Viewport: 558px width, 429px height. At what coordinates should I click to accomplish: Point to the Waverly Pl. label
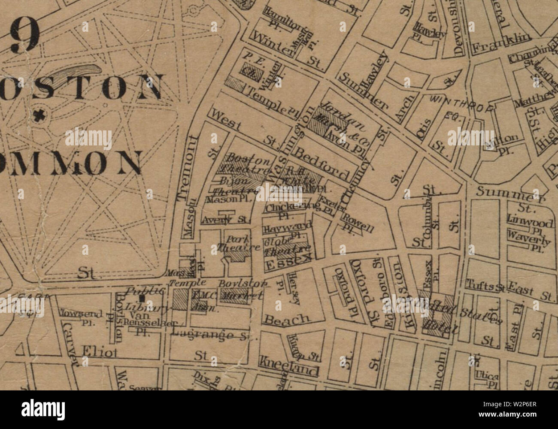(x=528, y=239)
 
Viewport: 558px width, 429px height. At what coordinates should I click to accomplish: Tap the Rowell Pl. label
(x=357, y=223)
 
